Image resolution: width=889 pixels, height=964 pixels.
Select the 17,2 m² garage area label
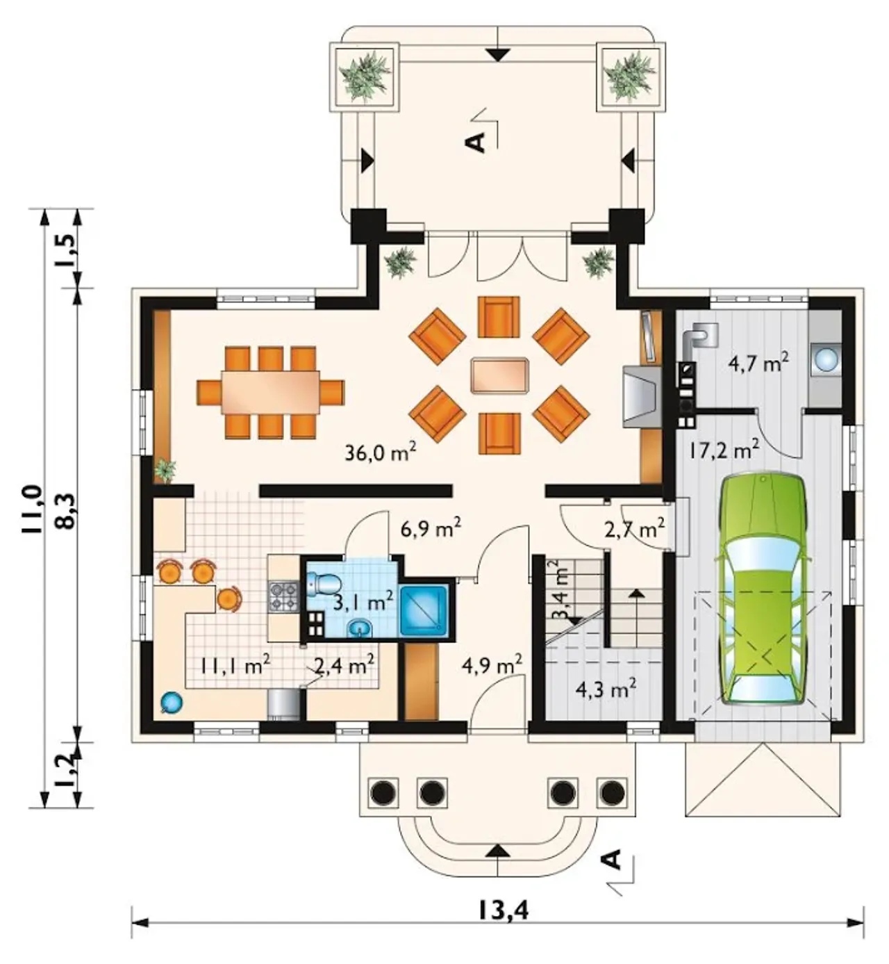tap(724, 451)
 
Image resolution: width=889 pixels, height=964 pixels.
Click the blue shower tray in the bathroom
tap(423, 610)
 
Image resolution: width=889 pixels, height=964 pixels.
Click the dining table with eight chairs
tap(270, 392)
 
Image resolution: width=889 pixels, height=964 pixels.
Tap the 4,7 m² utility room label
tap(758, 363)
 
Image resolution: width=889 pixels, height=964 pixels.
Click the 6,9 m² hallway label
tap(431, 528)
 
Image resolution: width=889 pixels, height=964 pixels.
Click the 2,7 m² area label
tap(635, 529)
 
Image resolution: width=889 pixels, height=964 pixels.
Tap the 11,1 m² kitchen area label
tap(235, 666)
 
